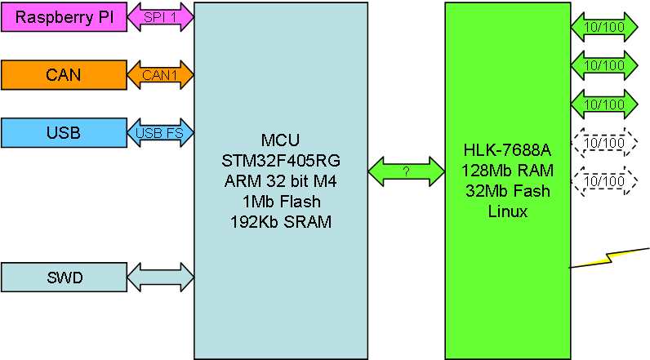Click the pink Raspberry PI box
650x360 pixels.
[64, 17]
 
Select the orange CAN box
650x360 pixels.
[64, 75]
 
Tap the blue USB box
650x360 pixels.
[64, 133]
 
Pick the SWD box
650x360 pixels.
[64, 278]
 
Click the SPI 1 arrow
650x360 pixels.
[160, 17]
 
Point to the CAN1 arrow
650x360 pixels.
[160, 75]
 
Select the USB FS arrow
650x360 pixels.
[160, 133]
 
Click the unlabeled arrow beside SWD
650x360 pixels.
[160, 278]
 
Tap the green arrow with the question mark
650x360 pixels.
[407, 171]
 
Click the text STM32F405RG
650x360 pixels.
[281, 161]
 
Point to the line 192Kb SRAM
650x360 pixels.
[281, 222]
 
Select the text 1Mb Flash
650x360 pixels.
[282, 202]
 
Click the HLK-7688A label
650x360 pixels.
[507, 150]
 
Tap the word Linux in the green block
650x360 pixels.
[507, 211]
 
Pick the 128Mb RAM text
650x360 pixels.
[507, 171]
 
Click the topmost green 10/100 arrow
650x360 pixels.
[604, 27]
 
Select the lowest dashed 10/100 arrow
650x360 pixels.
[604, 181]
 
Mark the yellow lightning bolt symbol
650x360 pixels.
[608, 258]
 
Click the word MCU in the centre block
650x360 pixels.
[281, 140]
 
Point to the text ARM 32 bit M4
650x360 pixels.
[281, 181]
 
